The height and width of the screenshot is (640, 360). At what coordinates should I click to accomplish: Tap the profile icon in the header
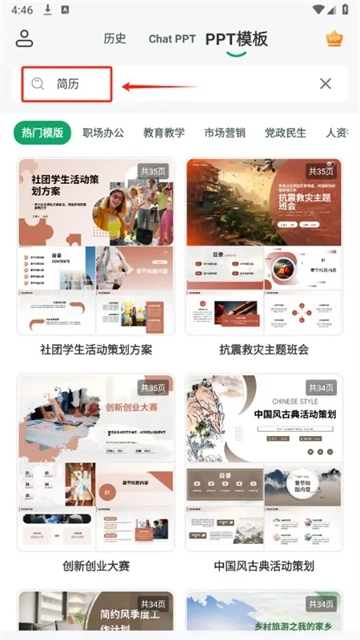[x=25, y=38]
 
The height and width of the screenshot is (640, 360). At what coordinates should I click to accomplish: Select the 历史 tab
[x=115, y=38]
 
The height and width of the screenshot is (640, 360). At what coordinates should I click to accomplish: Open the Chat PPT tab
[x=172, y=38]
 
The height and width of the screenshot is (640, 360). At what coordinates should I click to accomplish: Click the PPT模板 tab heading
[x=236, y=39]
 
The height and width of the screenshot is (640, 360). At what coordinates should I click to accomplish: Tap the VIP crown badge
[x=334, y=38]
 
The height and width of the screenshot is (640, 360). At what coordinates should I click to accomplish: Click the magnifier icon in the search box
[x=38, y=84]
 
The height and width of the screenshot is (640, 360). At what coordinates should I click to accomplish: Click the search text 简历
[x=68, y=84]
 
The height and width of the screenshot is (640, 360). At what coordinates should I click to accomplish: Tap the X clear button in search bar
[x=326, y=84]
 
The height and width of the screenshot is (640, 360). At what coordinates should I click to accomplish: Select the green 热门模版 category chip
[x=42, y=133]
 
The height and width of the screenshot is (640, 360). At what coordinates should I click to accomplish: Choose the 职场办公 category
[x=103, y=133]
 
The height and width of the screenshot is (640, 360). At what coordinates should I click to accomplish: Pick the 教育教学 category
[x=164, y=133]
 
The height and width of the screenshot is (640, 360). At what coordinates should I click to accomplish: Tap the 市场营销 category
[x=225, y=133]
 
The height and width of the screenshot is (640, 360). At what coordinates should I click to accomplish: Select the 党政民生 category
[x=286, y=133]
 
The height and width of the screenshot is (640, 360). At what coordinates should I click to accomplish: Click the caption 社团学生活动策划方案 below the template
[x=96, y=350]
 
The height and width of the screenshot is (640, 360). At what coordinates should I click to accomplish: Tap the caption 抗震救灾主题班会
[x=264, y=350]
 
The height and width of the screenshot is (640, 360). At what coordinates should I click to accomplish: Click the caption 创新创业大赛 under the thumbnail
[x=96, y=566]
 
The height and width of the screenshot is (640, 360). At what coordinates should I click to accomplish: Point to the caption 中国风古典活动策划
[x=264, y=566]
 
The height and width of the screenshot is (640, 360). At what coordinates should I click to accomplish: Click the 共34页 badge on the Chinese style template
[x=322, y=387]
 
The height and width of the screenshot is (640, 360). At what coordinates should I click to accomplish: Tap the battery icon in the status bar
[x=340, y=10]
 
